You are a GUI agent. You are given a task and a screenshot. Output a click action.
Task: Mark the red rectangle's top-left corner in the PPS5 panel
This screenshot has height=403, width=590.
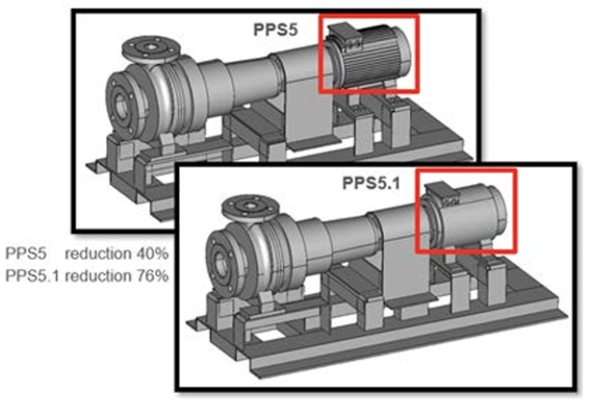coord(318,15)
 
